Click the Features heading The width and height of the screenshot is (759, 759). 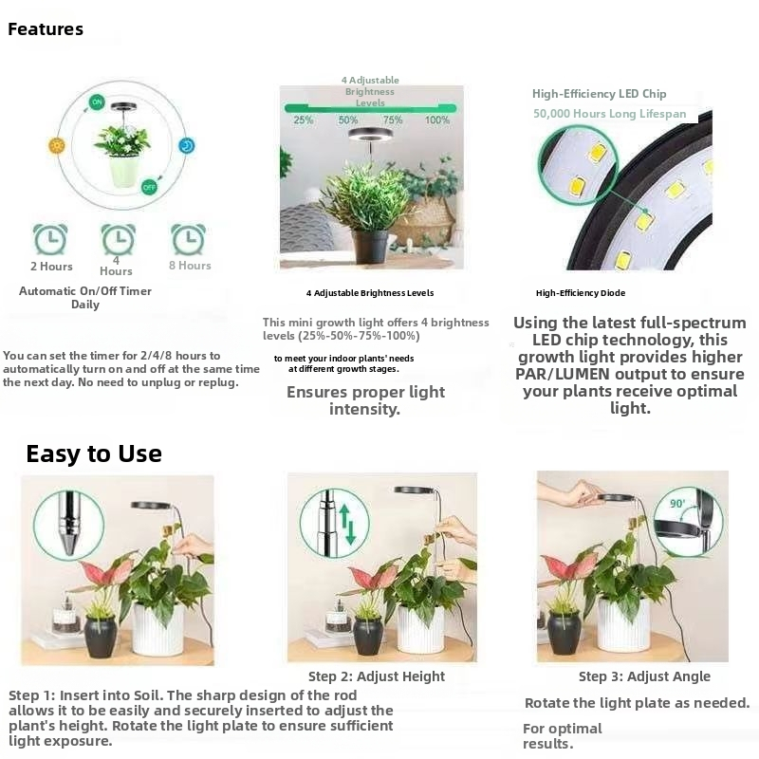[x=46, y=29]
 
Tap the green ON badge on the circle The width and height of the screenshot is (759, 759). [x=97, y=102]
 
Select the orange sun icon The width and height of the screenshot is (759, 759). [x=57, y=145]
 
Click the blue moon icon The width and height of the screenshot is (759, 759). [x=186, y=146]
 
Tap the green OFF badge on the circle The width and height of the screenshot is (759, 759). [x=149, y=187]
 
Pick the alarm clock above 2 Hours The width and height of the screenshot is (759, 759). [x=50, y=239]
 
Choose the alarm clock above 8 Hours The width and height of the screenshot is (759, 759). [x=188, y=239]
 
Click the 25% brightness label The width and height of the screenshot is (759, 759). [x=303, y=120]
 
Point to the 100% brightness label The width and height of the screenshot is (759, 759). [x=437, y=120]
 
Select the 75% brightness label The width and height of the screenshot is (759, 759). [x=393, y=120]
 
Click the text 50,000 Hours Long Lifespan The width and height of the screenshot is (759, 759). [x=609, y=114]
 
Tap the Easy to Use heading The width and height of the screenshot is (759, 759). [x=94, y=454]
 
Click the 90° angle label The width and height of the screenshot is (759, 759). [x=677, y=504]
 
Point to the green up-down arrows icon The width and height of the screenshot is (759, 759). [x=347, y=524]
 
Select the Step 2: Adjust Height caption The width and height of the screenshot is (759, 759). [x=377, y=676]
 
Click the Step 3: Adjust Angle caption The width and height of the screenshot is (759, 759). [x=644, y=676]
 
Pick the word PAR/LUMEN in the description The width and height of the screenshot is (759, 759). [x=563, y=374]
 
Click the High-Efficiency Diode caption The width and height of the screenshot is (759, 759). [x=581, y=293]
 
